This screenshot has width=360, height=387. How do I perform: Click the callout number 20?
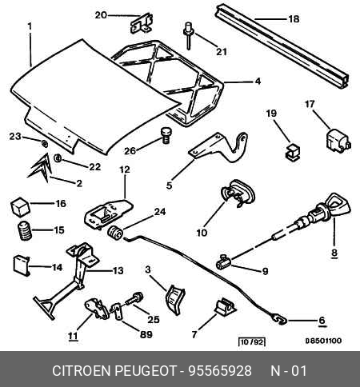pyautogui.click(x=101, y=15)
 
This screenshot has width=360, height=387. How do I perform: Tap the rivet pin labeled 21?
pyautogui.click(x=189, y=36)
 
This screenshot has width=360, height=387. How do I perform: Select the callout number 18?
pyautogui.click(x=294, y=19)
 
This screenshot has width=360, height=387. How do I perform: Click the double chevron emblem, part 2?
pyautogui.click(x=40, y=168)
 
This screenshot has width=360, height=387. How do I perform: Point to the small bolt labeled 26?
pyautogui.click(x=166, y=136)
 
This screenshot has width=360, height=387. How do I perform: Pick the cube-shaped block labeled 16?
pyautogui.click(x=20, y=206)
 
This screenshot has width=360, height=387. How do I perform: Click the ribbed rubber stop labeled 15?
pyautogui.click(x=25, y=231)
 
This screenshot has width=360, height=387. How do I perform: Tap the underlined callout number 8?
pyautogui.click(x=334, y=252)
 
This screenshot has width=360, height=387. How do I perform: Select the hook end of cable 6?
pyautogui.click(x=279, y=319)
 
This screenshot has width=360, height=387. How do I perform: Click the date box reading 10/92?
pyautogui.click(x=252, y=341)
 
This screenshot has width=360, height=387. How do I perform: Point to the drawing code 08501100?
pyautogui.click(x=323, y=341)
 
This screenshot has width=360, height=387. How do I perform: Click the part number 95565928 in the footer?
pyautogui.click(x=220, y=371)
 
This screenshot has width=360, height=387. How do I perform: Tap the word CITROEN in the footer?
pyautogui.click(x=81, y=371)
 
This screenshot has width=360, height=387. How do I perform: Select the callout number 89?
pyautogui.click(x=146, y=334)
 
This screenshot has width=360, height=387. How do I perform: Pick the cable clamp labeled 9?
pyautogui.click(x=224, y=262)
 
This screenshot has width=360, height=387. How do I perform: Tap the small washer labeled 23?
pyautogui.click(x=45, y=144)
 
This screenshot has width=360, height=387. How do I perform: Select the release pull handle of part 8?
pyautogui.click(x=338, y=205)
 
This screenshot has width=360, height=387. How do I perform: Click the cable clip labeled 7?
pyautogui.click(x=225, y=305)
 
